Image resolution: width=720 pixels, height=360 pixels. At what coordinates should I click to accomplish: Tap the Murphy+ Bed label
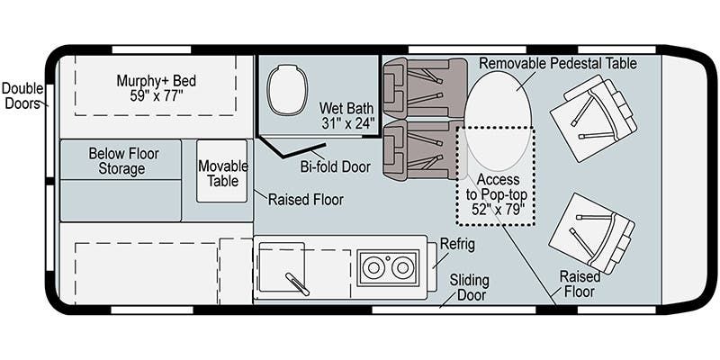156,88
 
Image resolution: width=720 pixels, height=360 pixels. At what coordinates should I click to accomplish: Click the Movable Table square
222,171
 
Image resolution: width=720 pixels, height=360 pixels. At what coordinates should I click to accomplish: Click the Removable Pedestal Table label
557,64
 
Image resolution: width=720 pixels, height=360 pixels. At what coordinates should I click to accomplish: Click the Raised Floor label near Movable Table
305,199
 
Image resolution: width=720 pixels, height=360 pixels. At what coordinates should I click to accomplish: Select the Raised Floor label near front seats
580,284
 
